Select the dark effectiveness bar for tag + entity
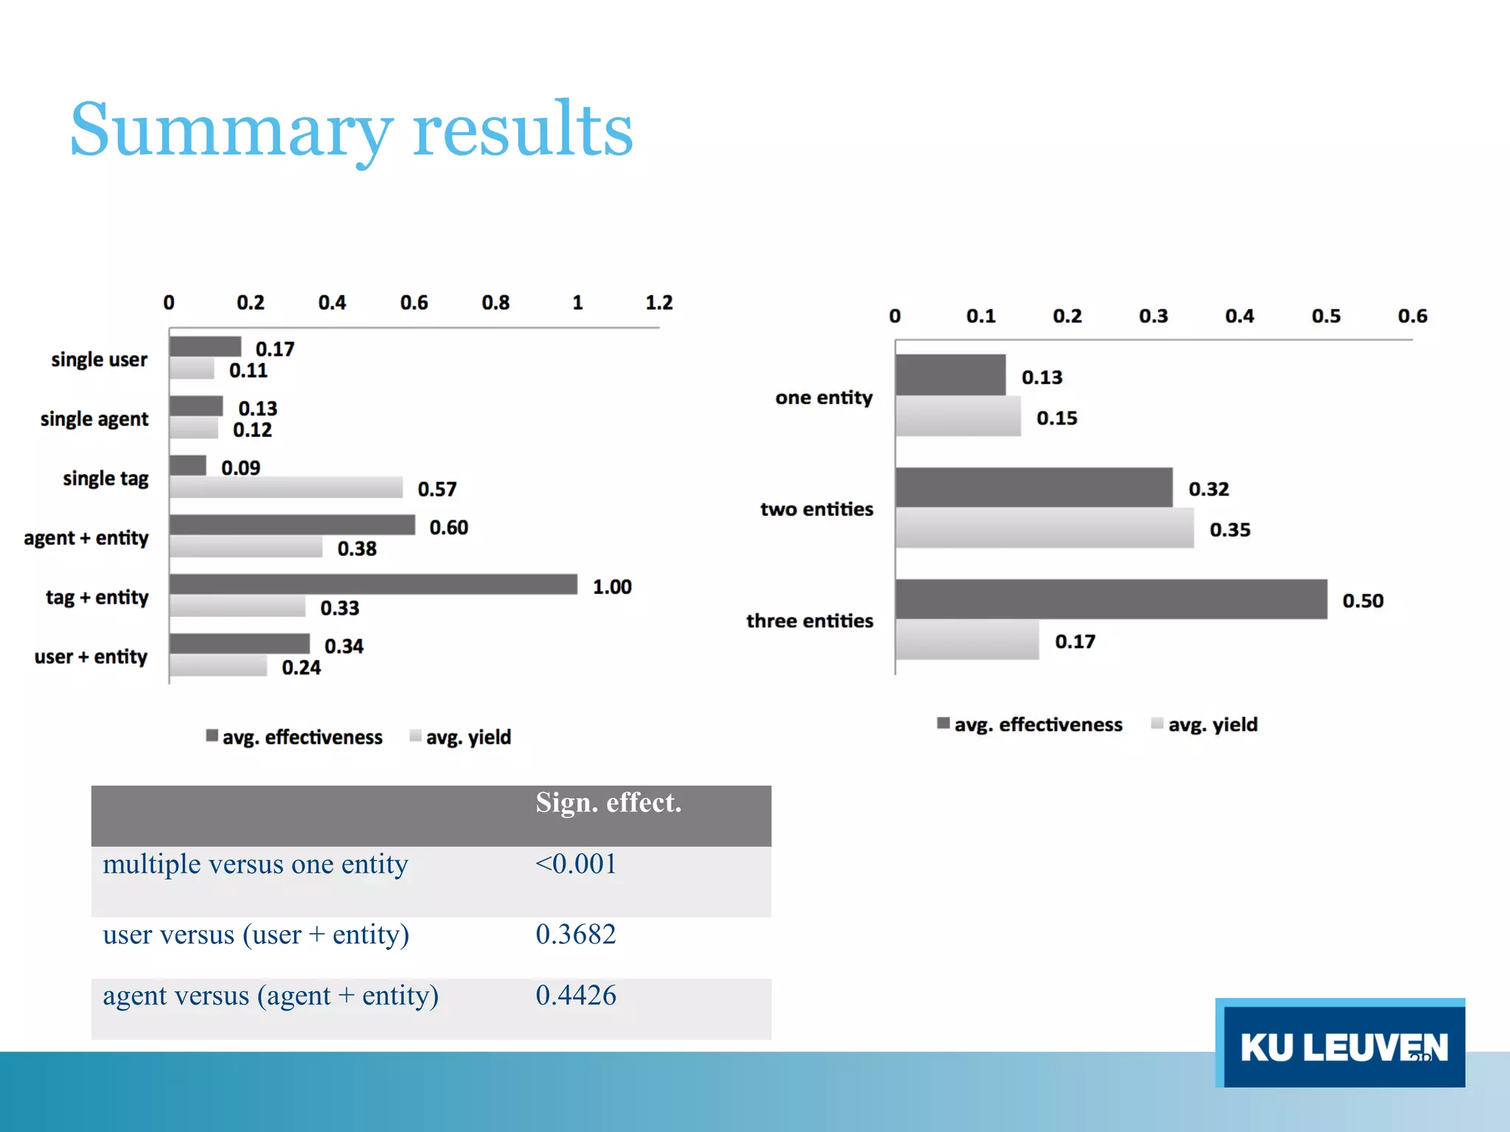click(x=373, y=584)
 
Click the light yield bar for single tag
click(x=286, y=487)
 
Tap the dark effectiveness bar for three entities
click(x=1110, y=599)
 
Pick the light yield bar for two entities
click(x=1044, y=528)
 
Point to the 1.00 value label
click(x=612, y=587)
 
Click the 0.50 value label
click(x=1363, y=601)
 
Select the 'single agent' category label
click(x=94, y=419)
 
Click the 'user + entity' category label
click(x=91, y=657)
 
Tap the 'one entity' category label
click(x=824, y=398)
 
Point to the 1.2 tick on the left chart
click(x=658, y=303)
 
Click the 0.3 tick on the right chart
click(x=1153, y=316)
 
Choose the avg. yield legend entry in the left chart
click(x=467, y=737)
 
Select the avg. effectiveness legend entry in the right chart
click(x=1037, y=724)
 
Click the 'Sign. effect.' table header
click(x=608, y=803)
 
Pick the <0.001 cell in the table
click(x=576, y=864)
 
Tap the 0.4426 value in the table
click(x=576, y=996)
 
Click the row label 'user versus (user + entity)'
click(x=256, y=934)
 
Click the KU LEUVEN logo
click(x=1340, y=1044)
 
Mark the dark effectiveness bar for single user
click(x=205, y=346)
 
